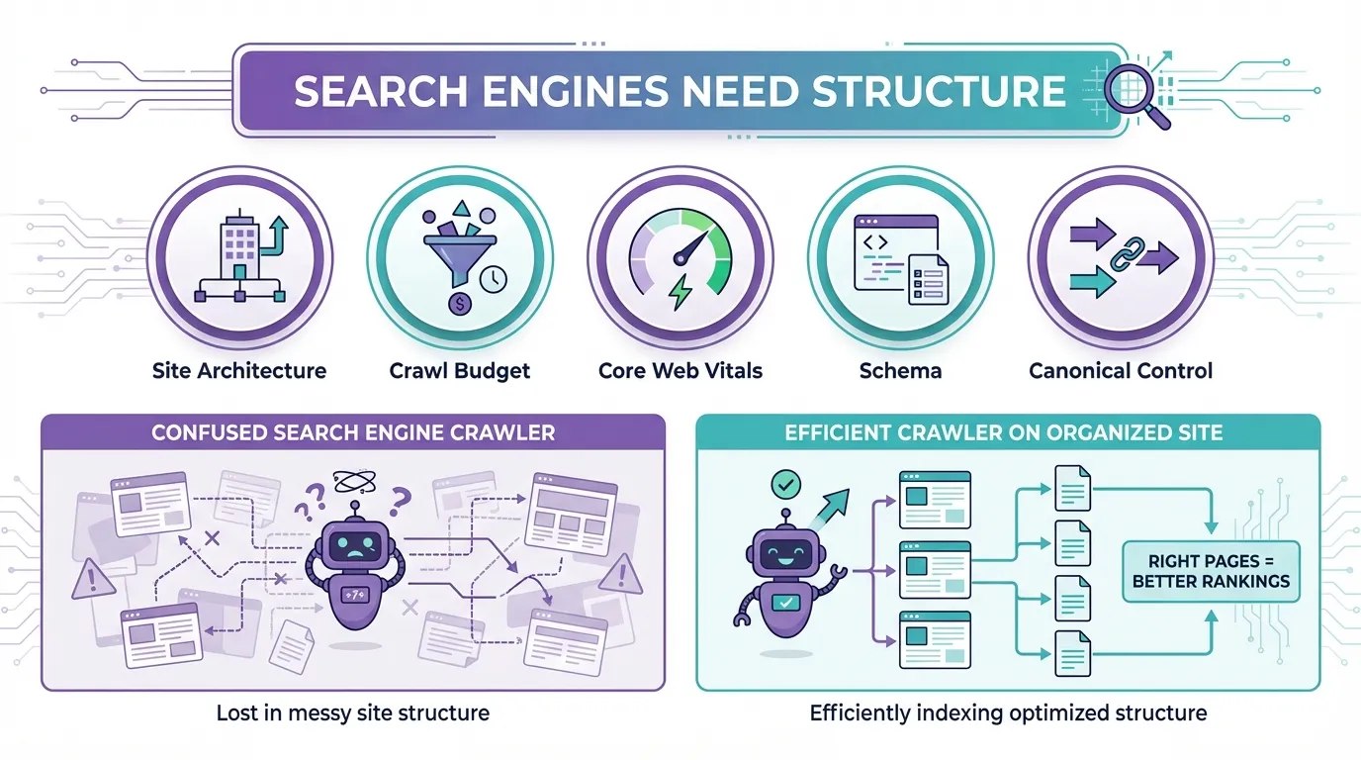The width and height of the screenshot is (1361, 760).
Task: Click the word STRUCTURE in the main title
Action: pyautogui.click(x=938, y=91)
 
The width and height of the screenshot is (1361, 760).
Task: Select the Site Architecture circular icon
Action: pyautogui.click(x=238, y=261)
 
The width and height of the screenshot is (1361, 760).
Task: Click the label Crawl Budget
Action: pyautogui.click(x=459, y=371)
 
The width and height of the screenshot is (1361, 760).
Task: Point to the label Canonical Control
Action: pyautogui.click(x=1121, y=371)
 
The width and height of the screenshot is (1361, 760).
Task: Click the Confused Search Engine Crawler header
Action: pyautogui.click(x=353, y=432)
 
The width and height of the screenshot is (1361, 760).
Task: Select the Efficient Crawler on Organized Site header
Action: pyautogui.click(x=1004, y=432)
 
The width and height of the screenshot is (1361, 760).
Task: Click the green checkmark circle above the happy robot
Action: pyautogui.click(x=784, y=485)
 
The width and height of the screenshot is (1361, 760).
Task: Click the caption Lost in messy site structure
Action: pyautogui.click(x=353, y=712)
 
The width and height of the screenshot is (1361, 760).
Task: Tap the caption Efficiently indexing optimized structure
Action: pyautogui.click(x=1008, y=712)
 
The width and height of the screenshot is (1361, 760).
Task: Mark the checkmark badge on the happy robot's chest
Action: pyautogui.click(x=783, y=601)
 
